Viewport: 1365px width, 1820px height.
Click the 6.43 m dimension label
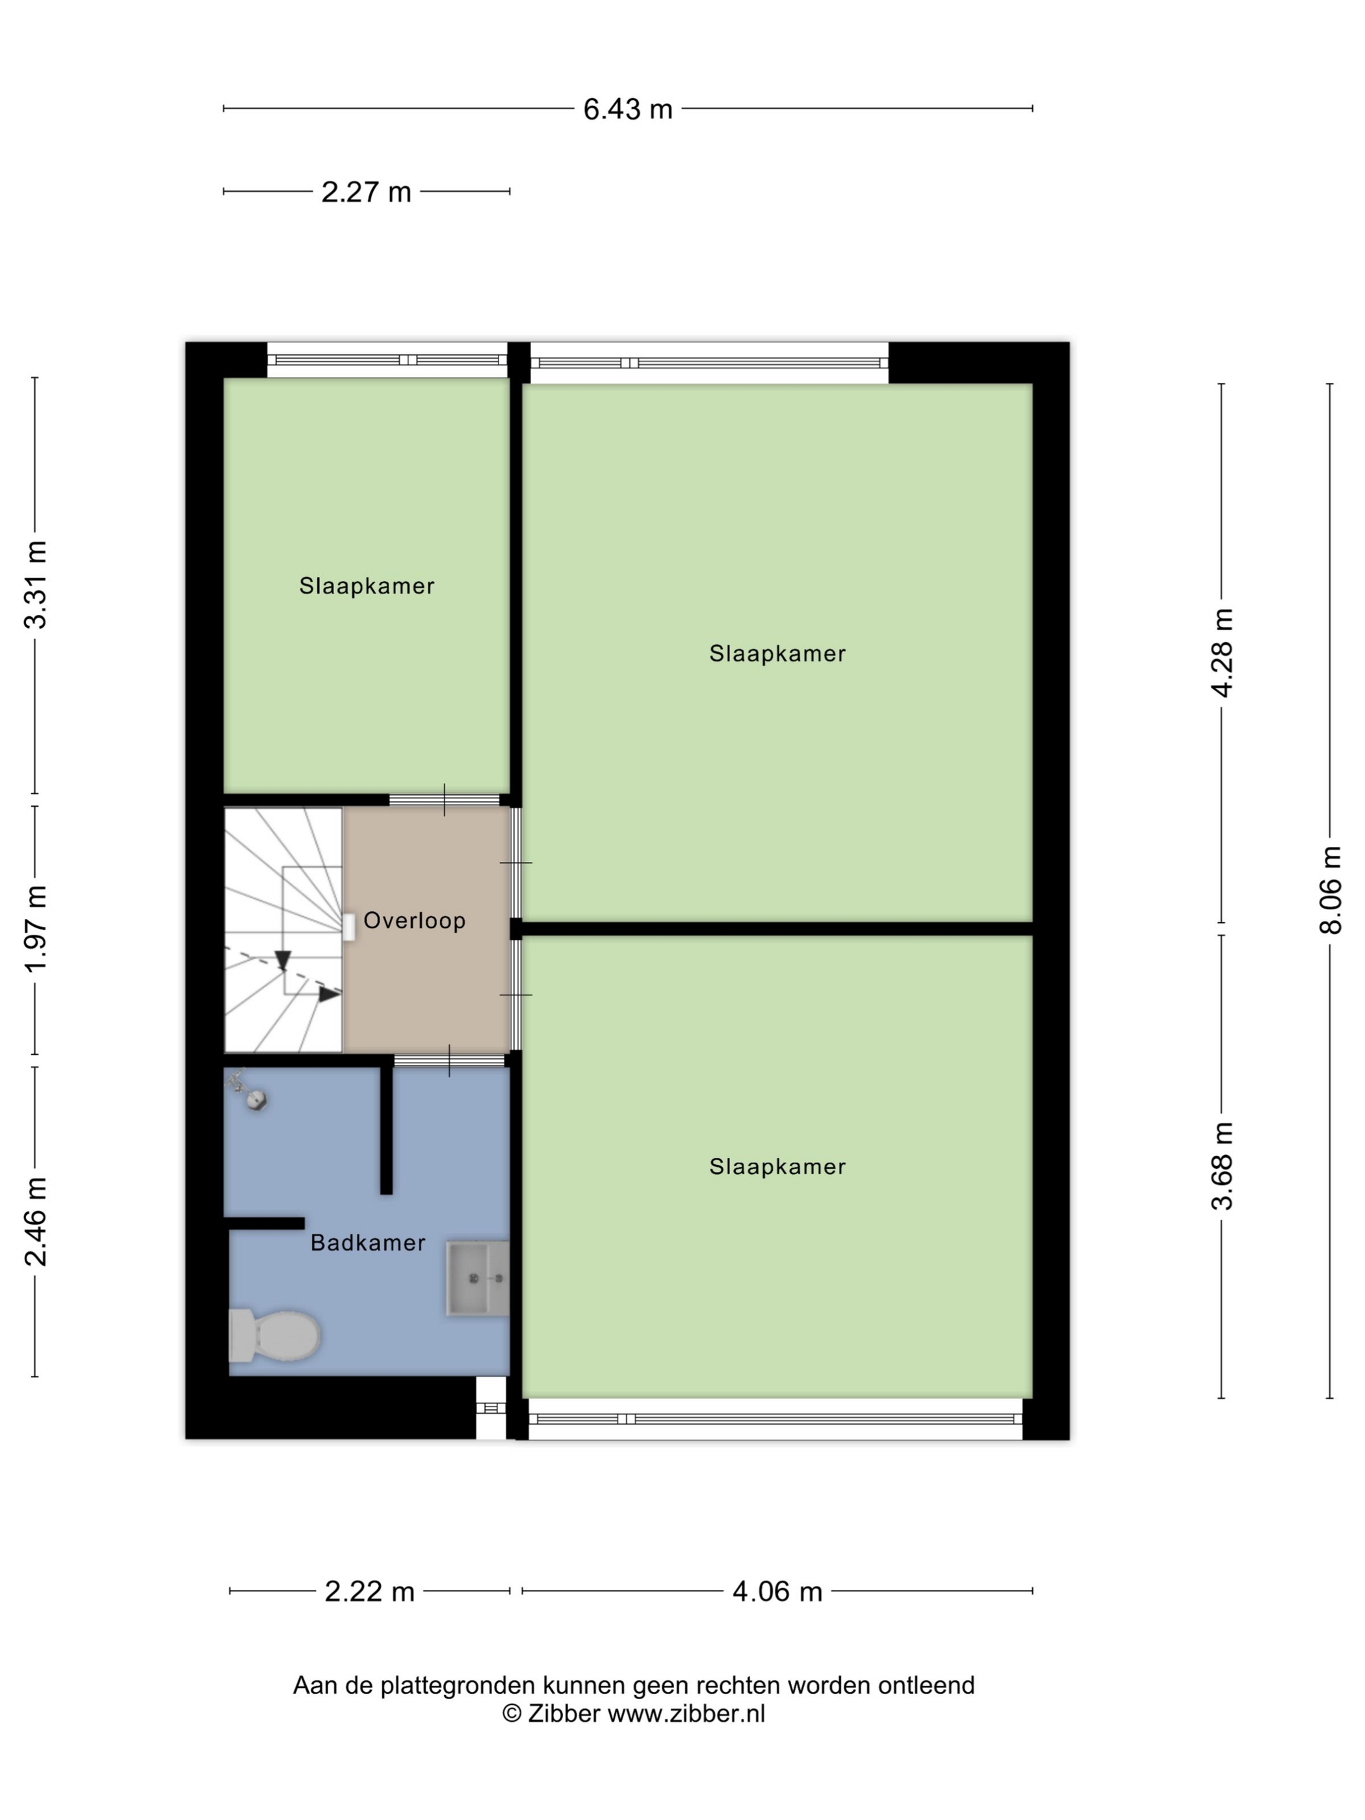point(628,109)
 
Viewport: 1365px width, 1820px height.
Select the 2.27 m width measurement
point(366,192)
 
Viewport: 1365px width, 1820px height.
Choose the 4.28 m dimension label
point(1223,653)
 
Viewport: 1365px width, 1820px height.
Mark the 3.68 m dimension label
point(1223,1167)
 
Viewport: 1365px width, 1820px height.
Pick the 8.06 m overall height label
point(1331,890)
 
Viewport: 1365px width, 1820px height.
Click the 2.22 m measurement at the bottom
point(369,1591)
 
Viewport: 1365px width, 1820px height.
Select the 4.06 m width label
point(777,1591)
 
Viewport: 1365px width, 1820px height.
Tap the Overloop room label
point(415,920)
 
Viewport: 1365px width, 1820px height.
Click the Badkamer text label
point(368,1242)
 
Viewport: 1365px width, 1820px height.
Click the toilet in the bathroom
point(274,1335)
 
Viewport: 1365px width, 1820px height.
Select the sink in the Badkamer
point(477,1279)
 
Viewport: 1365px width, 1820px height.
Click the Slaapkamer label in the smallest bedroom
point(367,586)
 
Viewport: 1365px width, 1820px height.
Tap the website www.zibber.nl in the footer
point(686,1714)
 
